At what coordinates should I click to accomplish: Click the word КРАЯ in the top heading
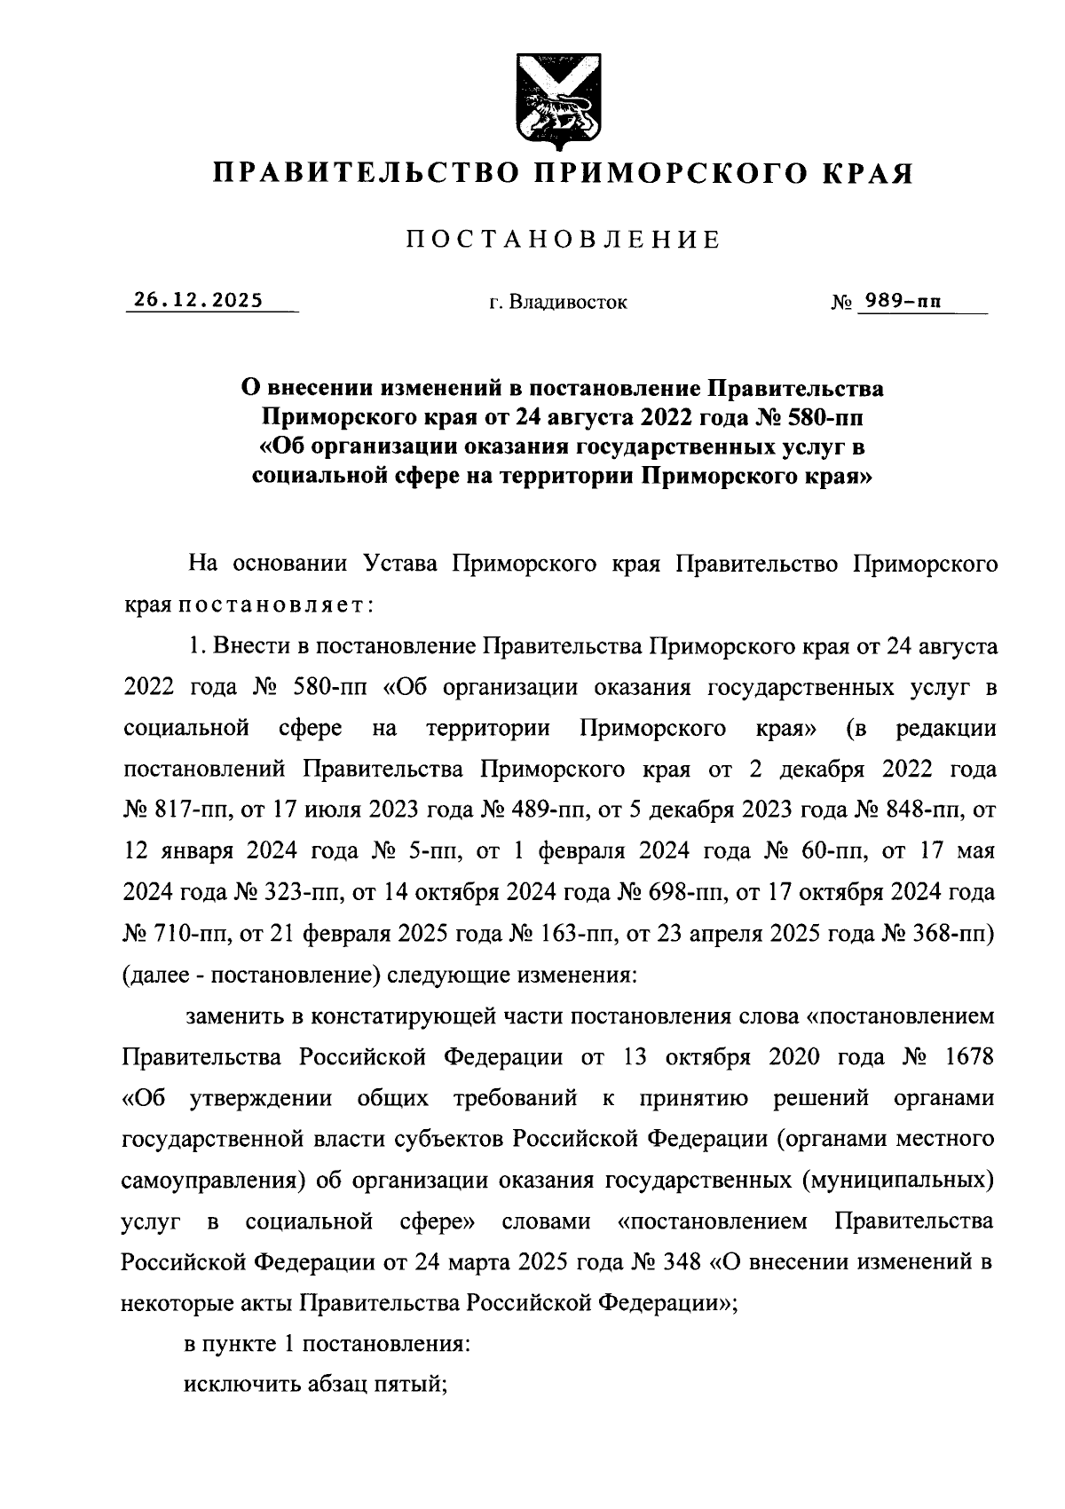coord(868,172)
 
